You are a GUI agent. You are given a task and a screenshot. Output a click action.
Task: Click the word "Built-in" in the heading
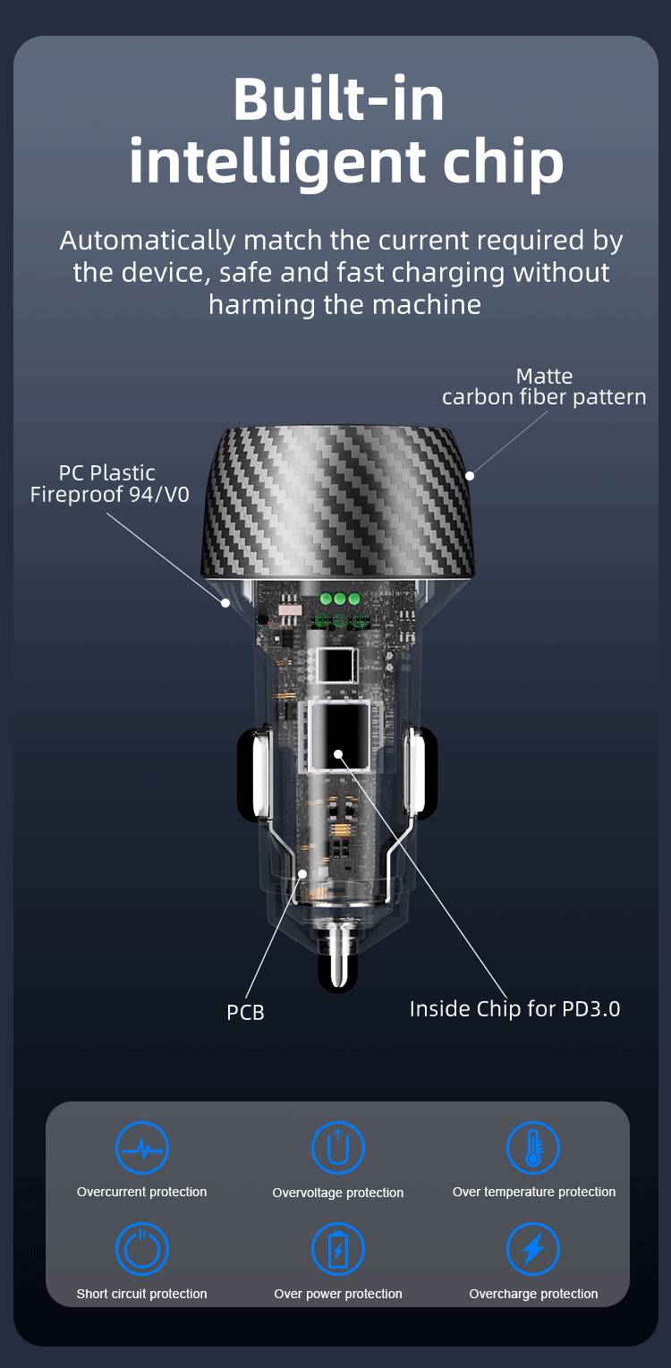338,99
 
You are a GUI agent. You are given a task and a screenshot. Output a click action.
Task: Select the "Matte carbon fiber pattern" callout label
544,387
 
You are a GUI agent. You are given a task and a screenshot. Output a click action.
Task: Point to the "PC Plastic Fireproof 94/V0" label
108,483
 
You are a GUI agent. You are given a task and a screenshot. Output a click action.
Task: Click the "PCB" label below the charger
245,1012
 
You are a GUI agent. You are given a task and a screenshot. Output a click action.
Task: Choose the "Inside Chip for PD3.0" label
514,1008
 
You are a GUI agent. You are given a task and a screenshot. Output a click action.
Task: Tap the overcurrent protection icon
142,1147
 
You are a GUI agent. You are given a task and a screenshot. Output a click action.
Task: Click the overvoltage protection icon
338,1147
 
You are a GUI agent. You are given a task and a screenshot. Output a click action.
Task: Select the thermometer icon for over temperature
533,1147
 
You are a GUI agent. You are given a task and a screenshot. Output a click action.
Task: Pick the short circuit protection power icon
142,1249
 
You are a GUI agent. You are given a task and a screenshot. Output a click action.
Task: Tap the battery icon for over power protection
338,1249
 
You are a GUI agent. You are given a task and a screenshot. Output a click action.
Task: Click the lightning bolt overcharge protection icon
533,1249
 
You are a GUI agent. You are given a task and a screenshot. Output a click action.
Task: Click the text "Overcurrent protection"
142,1192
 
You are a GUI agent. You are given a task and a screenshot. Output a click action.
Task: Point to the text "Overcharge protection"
533,1294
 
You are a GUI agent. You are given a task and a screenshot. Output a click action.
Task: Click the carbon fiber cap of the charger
338,501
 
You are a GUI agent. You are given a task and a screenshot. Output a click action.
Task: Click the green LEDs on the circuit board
340,599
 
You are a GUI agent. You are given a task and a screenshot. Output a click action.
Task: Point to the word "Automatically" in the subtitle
147,240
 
